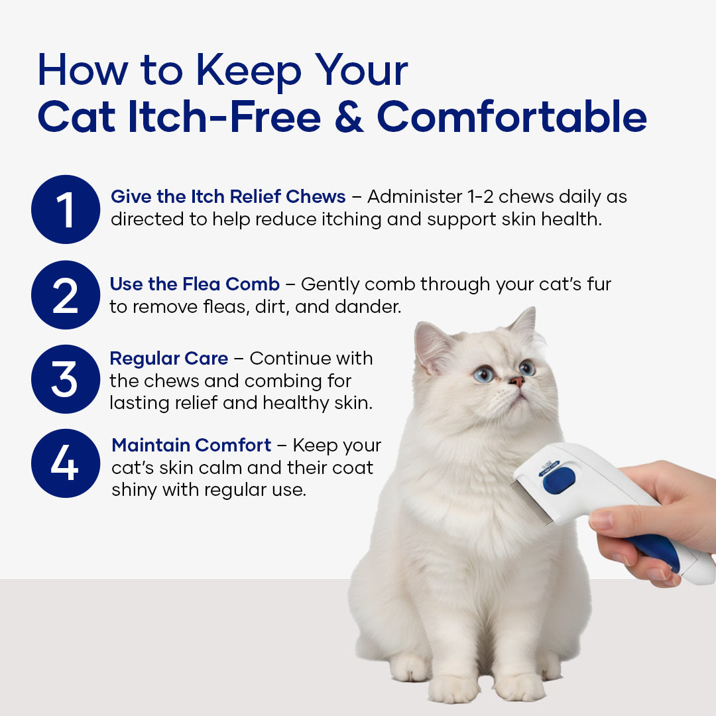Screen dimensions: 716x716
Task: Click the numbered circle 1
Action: point(66,209)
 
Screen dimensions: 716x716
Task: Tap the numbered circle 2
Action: point(66,295)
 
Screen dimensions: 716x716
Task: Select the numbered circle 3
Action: point(66,379)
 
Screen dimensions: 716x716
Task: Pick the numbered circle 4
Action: point(66,463)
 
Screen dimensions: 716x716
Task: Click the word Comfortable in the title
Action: point(512,117)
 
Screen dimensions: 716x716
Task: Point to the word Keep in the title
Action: point(249,72)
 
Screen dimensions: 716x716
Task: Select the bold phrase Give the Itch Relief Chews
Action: point(228,196)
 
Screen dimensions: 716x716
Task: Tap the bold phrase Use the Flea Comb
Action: point(194,284)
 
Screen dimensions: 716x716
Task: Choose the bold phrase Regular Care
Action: point(169,359)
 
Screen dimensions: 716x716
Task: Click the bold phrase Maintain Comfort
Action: point(192,446)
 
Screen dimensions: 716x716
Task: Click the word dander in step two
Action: point(367,306)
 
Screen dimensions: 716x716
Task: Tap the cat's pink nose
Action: point(517,381)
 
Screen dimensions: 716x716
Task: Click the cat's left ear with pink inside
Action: point(433,346)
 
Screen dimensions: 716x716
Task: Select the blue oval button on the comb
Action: point(559,481)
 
